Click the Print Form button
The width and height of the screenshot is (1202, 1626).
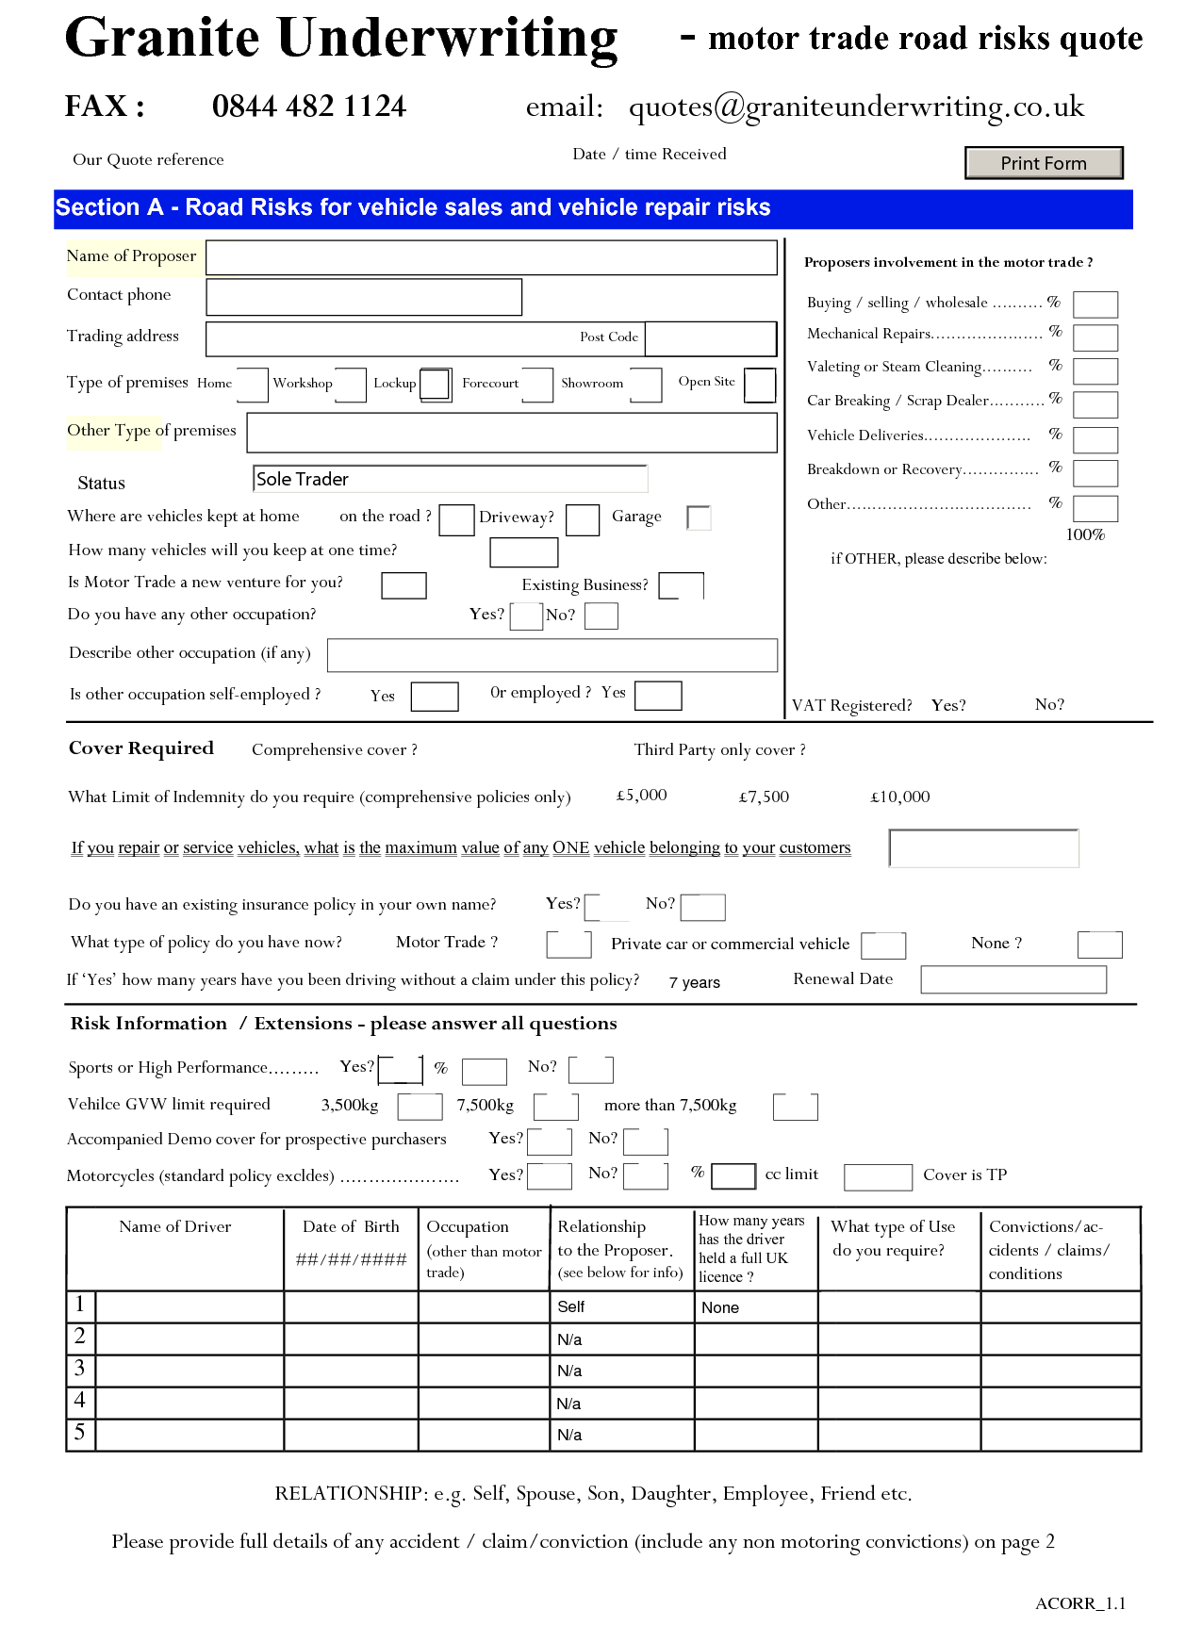click(1044, 163)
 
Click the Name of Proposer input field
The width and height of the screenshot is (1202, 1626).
click(491, 257)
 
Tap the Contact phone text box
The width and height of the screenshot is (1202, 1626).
click(364, 297)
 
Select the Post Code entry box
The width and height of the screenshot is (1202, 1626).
click(710, 338)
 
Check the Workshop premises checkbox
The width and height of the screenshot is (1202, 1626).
click(350, 385)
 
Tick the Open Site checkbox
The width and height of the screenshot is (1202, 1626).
click(760, 385)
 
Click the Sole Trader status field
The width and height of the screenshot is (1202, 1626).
click(450, 479)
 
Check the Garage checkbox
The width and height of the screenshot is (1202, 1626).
click(699, 517)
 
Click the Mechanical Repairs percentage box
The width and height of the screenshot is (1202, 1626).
click(1095, 337)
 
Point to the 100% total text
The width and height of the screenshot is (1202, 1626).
click(1085, 535)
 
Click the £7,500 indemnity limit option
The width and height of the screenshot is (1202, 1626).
click(764, 797)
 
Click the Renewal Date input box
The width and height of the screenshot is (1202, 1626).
click(1013, 980)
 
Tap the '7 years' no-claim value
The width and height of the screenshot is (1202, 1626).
click(695, 982)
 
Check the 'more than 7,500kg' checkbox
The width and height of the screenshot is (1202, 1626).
click(795, 1107)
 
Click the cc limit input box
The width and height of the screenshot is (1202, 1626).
click(878, 1177)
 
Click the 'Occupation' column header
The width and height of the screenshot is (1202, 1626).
click(468, 1227)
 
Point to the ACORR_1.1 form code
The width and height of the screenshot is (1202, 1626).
click(1080, 1603)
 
